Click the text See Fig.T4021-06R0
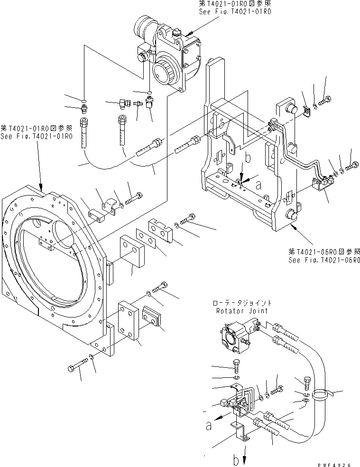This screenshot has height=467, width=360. point(324,261)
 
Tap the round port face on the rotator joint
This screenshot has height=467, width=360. point(231,340)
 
